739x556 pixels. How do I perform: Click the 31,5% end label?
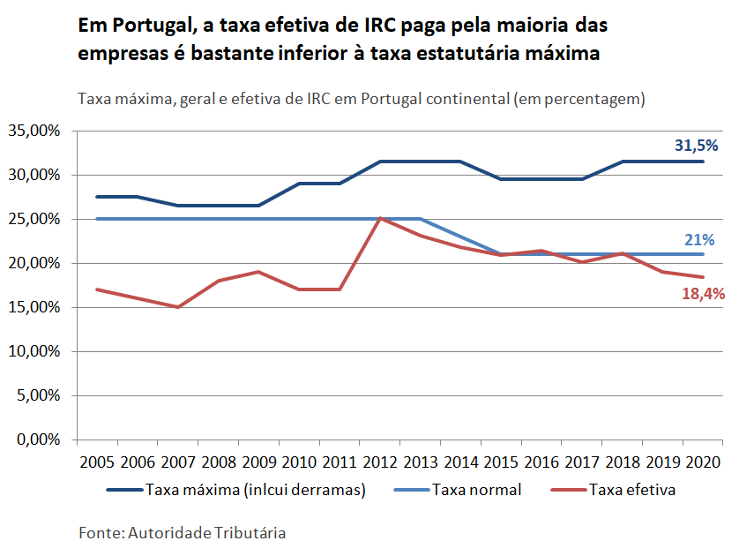click(697, 146)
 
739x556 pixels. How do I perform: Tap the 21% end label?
click(699, 239)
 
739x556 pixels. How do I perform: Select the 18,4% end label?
click(703, 294)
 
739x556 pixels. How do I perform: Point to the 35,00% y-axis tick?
click(34, 131)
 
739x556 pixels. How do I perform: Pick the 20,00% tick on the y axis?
click(34, 263)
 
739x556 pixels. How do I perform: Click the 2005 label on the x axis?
click(96, 462)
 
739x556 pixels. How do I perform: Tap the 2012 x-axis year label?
click(380, 462)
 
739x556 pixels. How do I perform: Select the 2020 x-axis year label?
click(704, 462)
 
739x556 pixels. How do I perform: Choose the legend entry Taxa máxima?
click(255, 490)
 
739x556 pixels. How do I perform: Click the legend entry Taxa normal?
click(476, 490)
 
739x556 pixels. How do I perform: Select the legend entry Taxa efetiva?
click(632, 490)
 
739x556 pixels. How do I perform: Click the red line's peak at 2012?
click(380, 218)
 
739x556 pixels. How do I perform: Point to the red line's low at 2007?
click(178, 307)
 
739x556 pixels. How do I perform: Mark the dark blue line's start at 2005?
click(96, 197)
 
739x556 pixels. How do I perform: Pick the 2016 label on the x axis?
click(541, 462)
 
